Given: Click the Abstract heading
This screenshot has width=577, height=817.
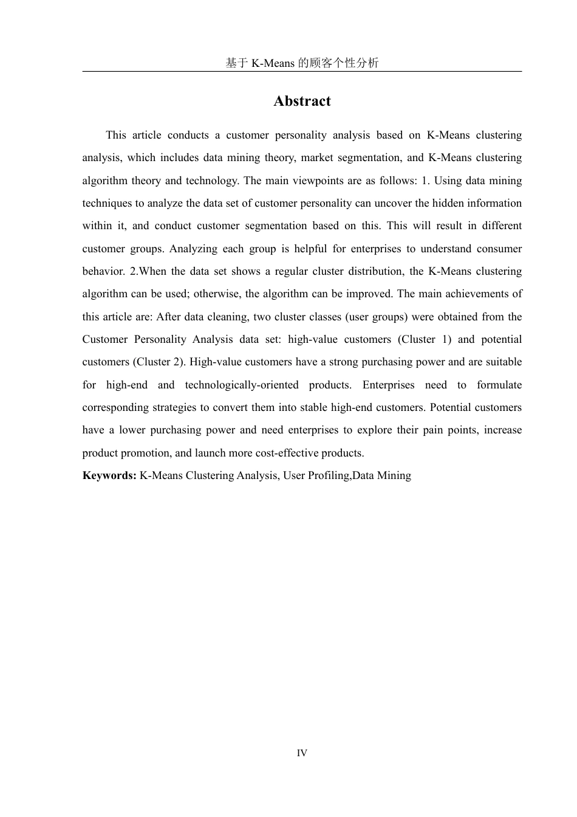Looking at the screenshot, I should (302, 101).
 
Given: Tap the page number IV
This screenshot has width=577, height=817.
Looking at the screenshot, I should (302, 753).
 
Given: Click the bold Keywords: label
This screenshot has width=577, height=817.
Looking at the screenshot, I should (109, 475).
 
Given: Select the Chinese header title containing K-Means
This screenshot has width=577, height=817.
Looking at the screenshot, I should (302, 63).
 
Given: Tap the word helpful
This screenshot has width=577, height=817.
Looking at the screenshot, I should (310, 249).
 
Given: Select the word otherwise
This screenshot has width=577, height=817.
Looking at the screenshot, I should (218, 294).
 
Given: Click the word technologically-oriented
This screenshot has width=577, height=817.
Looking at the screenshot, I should (242, 385).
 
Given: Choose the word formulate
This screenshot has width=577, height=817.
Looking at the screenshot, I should (499, 385).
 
